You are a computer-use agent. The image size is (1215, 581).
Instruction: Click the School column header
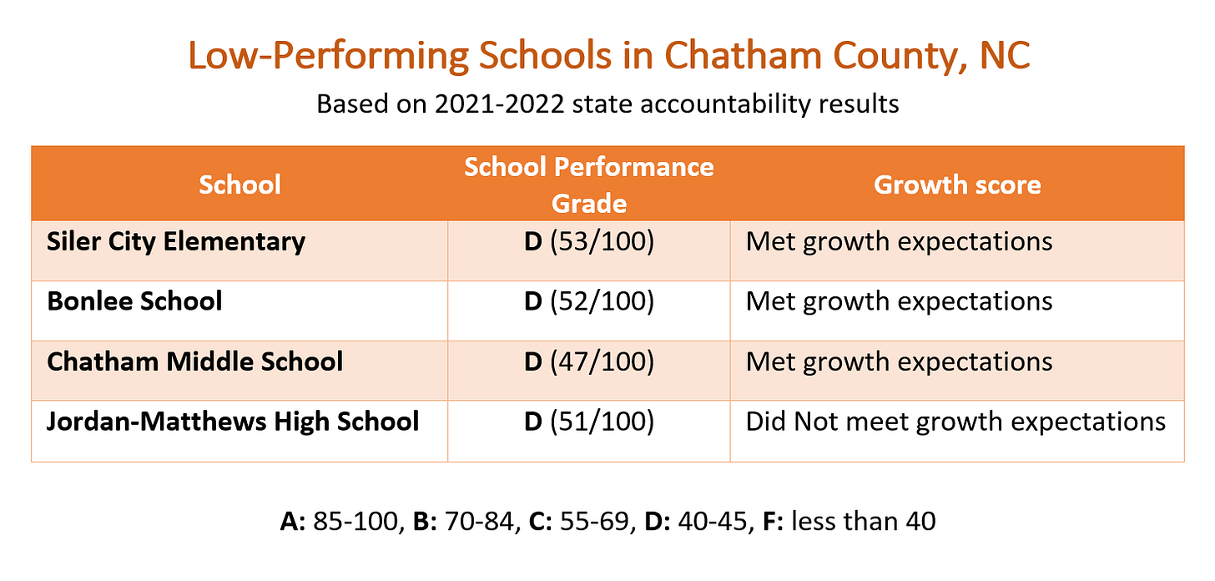pyautogui.click(x=239, y=184)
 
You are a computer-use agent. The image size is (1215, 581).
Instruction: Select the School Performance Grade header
pyautogui.click(x=588, y=184)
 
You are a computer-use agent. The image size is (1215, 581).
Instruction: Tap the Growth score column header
pyautogui.click(x=957, y=184)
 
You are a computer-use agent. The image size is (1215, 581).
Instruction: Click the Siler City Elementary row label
pyautogui.click(x=176, y=242)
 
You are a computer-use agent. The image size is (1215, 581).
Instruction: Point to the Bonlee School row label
pyautogui.click(x=135, y=301)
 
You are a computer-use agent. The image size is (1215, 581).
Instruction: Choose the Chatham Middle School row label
pyautogui.click(x=195, y=361)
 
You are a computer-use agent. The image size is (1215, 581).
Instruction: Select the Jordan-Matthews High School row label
pyautogui.click(x=233, y=422)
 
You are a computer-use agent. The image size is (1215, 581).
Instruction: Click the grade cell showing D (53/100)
pyautogui.click(x=588, y=242)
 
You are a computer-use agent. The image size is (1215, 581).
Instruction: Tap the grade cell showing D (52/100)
pyautogui.click(x=588, y=301)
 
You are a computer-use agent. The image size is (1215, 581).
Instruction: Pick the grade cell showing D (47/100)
pyautogui.click(x=588, y=361)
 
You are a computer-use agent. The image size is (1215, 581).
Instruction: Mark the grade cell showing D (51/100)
pyautogui.click(x=588, y=422)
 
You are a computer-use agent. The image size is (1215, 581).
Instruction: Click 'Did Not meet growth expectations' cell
pyautogui.click(x=955, y=422)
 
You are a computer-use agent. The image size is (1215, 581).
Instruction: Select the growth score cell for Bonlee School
pyautogui.click(x=899, y=301)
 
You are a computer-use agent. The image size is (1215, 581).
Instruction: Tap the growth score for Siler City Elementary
pyautogui.click(x=899, y=242)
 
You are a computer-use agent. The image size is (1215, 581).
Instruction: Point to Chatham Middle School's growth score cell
pyautogui.click(x=899, y=361)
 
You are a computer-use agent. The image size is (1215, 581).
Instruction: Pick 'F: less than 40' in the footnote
pyautogui.click(x=850, y=522)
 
